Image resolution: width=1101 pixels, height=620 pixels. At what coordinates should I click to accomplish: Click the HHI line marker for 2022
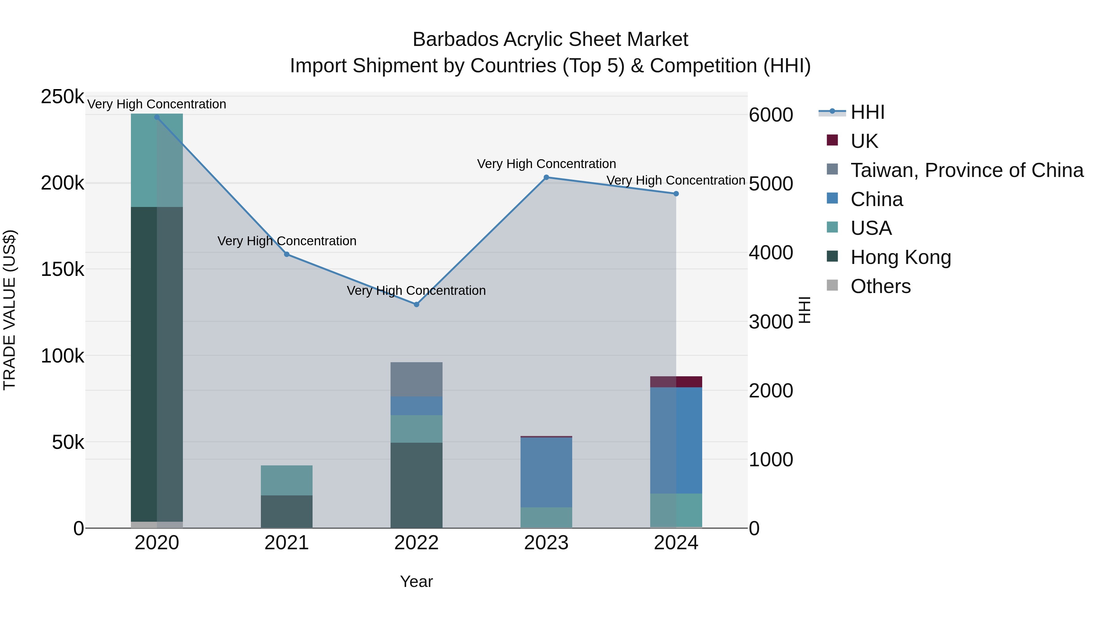pyautogui.click(x=416, y=304)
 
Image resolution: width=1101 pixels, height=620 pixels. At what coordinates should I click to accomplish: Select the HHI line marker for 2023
pyautogui.click(x=546, y=177)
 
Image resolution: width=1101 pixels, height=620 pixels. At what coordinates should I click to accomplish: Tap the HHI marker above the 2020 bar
pyautogui.click(x=157, y=117)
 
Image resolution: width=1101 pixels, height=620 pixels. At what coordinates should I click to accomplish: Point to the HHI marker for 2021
pyautogui.click(x=287, y=254)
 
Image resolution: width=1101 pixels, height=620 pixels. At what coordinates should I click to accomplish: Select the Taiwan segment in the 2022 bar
pyautogui.click(x=416, y=379)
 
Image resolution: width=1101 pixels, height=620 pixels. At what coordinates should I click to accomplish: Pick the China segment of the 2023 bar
pyautogui.click(x=546, y=472)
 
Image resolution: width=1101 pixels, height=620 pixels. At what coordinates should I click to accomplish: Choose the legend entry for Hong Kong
pyautogui.click(x=901, y=257)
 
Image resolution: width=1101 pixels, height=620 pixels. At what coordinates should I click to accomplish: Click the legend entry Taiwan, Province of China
pyautogui.click(x=967, y=170)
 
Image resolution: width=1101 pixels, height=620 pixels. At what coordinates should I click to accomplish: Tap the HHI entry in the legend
pyautogui.click(x=867, y=112)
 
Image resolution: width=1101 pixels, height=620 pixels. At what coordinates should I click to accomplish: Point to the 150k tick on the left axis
pyautogui.click(x=62, y=269)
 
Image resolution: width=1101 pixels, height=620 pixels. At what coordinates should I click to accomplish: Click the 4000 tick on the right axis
pyautogui.click(x=771, y=253)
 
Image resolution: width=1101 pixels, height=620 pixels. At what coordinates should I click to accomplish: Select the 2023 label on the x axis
pyautogui.click(x=546, y=543)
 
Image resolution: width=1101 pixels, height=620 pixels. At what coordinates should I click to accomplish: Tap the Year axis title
pyautogui.click(x=416, y=581)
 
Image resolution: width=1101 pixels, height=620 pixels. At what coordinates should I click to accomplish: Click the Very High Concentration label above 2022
pyautogui.click(x=416, y=291)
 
